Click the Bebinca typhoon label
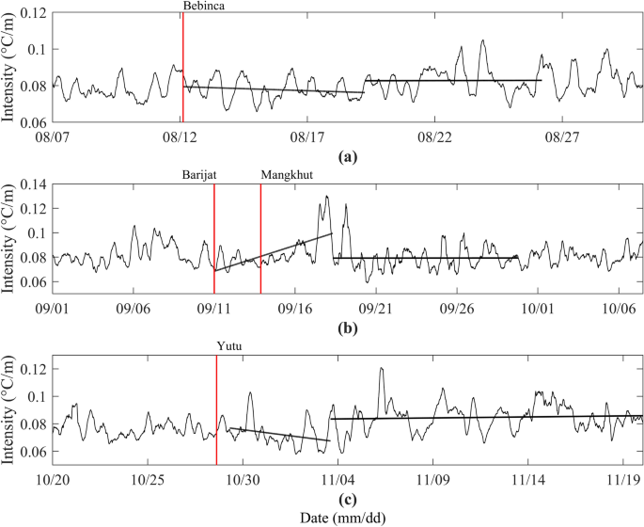coord(204,6)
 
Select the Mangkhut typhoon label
coord(286,175)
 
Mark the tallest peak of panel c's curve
coord(381,368)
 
